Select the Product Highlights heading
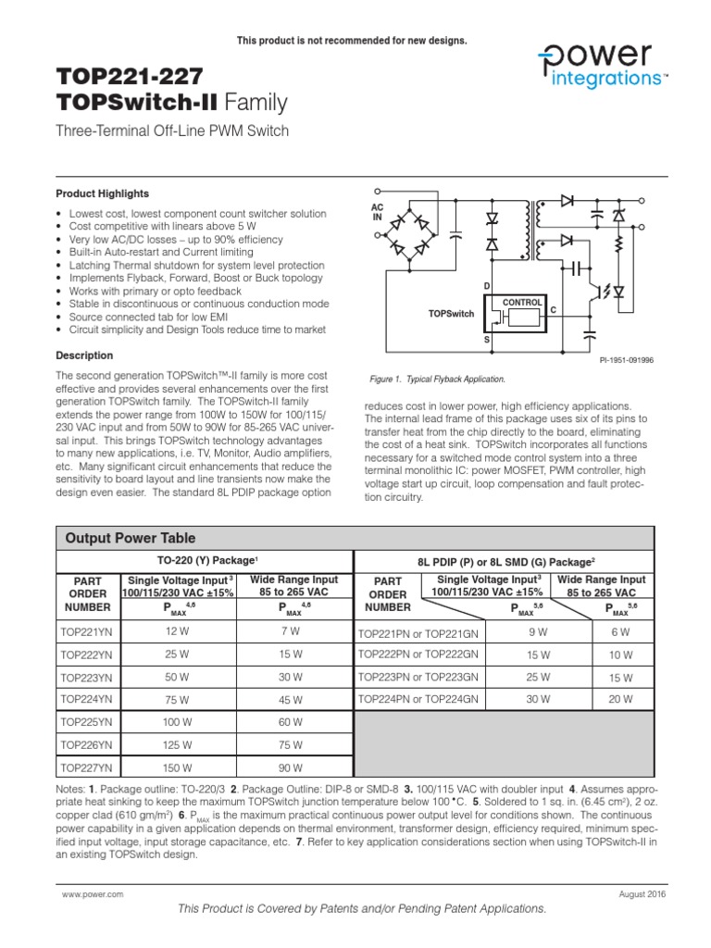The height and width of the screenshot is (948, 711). (x=102, y=193)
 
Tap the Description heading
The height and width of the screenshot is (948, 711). (x=84, y=355)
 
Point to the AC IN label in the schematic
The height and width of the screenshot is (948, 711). (x=377, y=211)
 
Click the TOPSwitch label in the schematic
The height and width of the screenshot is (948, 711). (x=451, y=314)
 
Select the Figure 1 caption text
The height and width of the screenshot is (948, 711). (x=437, y=380)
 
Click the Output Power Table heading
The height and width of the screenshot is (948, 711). (x=129, y=538)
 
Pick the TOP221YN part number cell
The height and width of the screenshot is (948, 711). (x=85, y=631)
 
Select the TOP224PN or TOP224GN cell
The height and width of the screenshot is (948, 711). (x=418, y=700)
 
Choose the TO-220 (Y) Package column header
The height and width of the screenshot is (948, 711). (x=204, y=561)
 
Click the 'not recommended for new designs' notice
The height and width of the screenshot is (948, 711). (x=353, y=41)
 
